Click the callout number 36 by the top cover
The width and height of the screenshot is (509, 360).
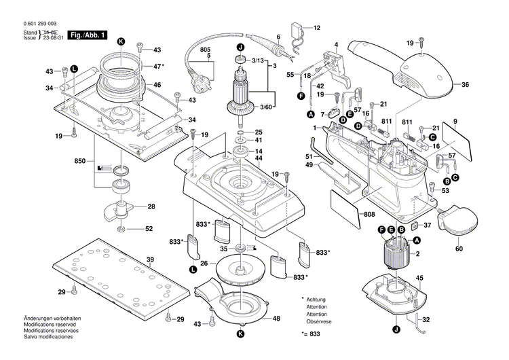point(465,85)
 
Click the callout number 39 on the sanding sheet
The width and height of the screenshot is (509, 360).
point(150,259)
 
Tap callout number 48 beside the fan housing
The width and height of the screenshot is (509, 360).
point(276,319)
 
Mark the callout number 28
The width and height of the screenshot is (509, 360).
point(151,206)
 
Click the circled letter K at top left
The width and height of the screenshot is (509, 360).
point(121,41)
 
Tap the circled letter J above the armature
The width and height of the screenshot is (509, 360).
point(240,47)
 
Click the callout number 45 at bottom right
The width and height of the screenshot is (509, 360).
point(420,278)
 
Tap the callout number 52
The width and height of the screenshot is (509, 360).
point(149,228)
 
